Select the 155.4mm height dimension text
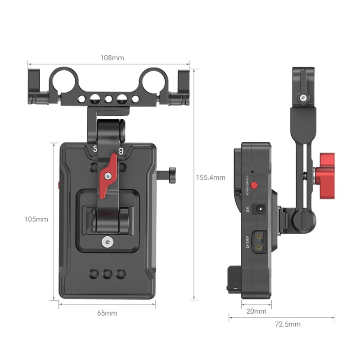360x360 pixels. pyautogui.click(x=210, y=178)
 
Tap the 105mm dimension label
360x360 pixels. pyautogui.click(x=36, y=219)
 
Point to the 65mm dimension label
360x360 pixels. pyautogui.click(x=107, y=313)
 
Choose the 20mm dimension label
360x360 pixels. pyautogui.click(x=256, y=311)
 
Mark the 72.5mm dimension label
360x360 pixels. pyautogui.click(x=288, y=324)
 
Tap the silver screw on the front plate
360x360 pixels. pyautogui.click(x=107, y=242)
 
